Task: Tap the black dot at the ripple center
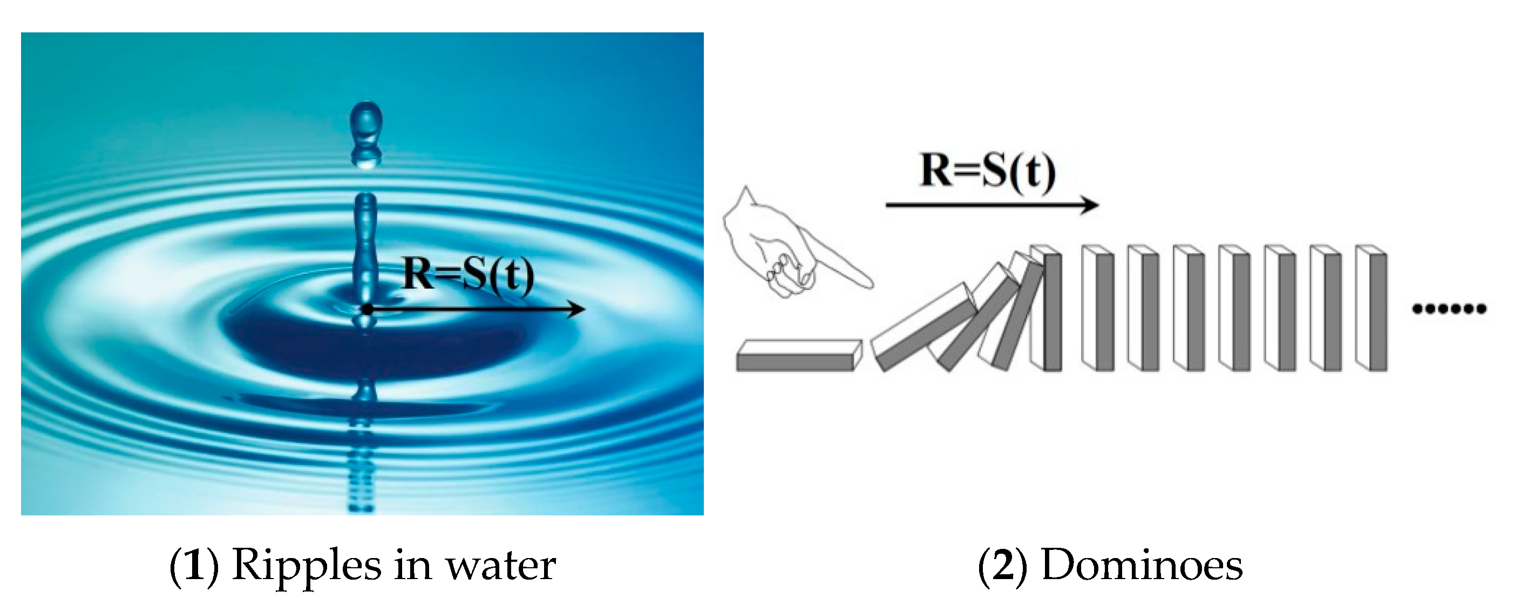[368, 309]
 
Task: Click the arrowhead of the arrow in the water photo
[579, 309]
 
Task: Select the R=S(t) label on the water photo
[469, 275]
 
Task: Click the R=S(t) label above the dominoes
[988, 171]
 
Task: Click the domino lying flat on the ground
[798, 355]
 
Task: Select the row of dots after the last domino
[1449, 308]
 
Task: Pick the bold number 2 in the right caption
[1003, 566]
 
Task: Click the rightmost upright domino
[1371, 309]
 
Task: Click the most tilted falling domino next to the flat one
[926, 327]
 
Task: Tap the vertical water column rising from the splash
[365, 247]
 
